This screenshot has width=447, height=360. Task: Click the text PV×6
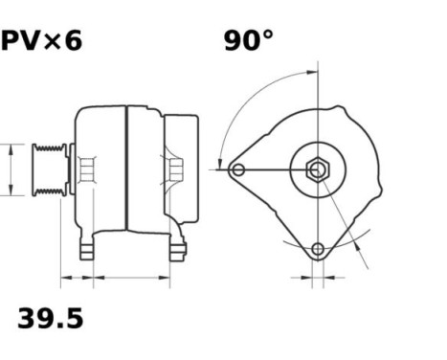point(40,40)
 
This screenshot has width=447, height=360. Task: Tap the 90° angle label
point(248,40)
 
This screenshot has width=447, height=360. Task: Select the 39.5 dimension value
point(50,318)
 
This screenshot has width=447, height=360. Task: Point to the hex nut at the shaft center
point(317,170)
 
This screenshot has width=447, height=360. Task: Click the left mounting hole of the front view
point(238,170)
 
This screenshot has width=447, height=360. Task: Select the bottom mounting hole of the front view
point(318,250)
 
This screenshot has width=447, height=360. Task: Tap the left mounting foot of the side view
point(86,250)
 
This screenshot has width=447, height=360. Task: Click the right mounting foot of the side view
point(176,251)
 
